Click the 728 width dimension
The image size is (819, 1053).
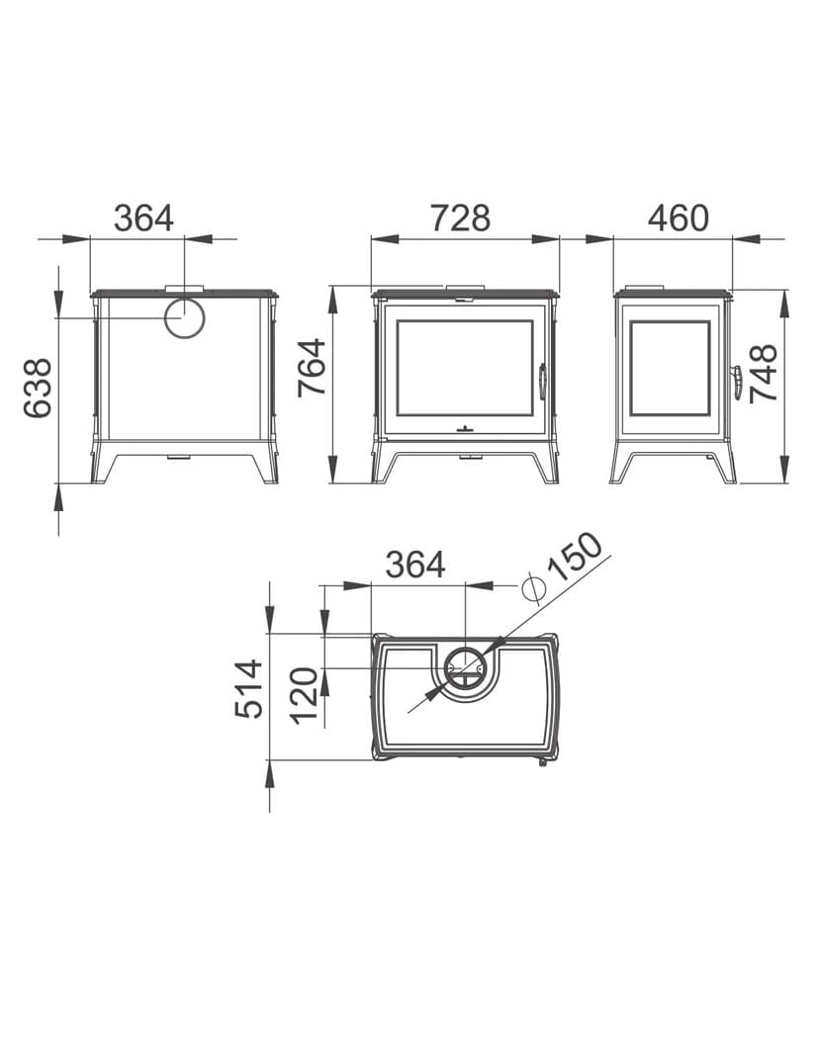(x=460, y=219)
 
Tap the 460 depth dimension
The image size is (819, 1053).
(x=678, y=219)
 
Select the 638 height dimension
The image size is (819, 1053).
(x=39, y=389)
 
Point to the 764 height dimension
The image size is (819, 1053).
(x=313, y=368)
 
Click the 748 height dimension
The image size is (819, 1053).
(x=764, y=374)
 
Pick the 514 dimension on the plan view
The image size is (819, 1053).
(x=249, y=689)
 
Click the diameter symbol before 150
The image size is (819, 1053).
(x=532, y=589)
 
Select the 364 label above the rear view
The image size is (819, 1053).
(x=143, y=219)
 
